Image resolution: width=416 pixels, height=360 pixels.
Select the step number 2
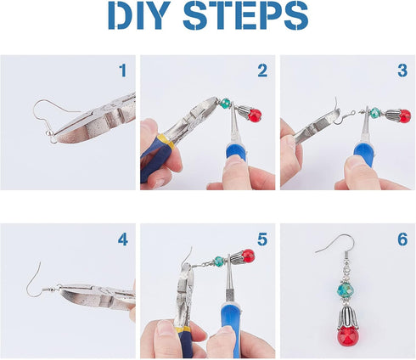point(261,71)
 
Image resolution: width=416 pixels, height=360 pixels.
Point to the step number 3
point(402,71)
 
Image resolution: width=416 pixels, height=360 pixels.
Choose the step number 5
point(261,239)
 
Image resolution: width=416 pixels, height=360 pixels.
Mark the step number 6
point(402,239)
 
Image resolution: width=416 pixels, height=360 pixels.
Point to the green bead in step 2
point(225,104)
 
